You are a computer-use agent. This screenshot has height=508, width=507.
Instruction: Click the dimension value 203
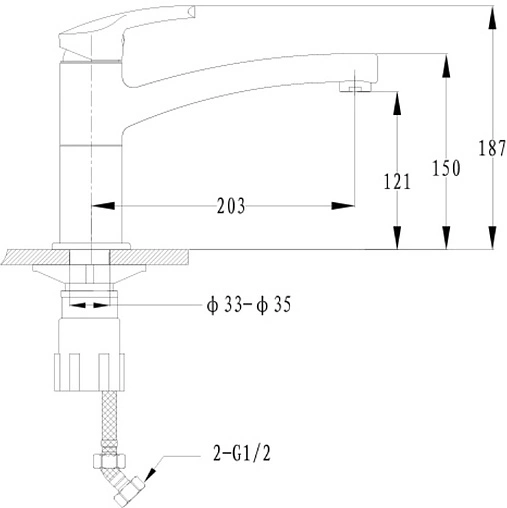coord(231,206)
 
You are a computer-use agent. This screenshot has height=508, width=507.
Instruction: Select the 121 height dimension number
coord(397,182)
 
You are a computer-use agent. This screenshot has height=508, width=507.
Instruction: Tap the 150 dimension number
coord(446,168)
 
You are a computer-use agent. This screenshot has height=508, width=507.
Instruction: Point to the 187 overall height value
coord(492,148)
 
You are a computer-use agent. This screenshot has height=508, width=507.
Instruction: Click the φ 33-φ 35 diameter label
coord(249,305)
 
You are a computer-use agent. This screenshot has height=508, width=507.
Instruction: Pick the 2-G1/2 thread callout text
coord(242,453)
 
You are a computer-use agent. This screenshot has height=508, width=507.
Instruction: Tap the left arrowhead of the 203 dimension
coord(103,206)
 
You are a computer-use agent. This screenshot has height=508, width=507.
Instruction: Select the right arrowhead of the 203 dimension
coord(342,206)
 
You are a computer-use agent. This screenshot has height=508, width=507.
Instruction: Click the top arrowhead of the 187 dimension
coord(492,18)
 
